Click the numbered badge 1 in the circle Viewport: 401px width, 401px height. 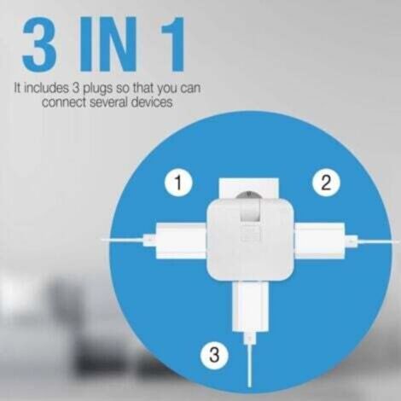(x=177, y=182)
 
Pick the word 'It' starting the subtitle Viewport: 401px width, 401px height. (x=18, y=87)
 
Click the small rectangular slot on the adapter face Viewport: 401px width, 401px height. (x=251, y=234)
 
